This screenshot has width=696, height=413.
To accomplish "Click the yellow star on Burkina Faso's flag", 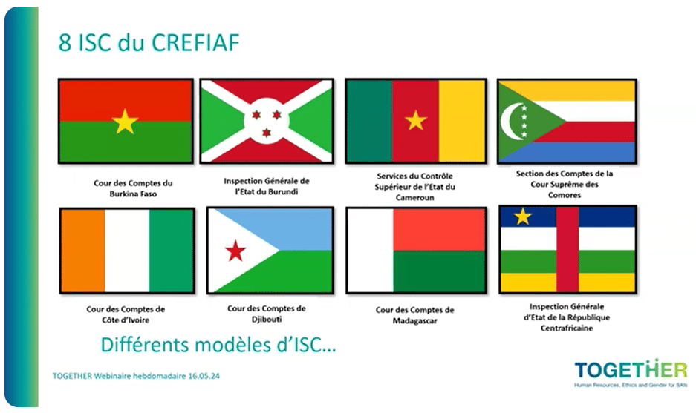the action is tap(126, 122).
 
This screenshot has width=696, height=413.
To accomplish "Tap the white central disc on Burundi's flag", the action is tap(267, 121).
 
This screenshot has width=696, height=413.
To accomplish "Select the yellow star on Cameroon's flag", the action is tap(416, 120).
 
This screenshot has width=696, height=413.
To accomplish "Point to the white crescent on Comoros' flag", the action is tap(510, 121).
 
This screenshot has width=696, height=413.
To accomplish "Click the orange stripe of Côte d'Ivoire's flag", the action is tap(83, 251).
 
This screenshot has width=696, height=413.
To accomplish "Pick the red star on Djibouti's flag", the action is tap(235, 251).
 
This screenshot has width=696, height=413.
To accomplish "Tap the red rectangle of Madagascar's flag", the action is tap(439, 230).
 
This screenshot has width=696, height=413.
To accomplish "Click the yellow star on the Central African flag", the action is tap(522, 217).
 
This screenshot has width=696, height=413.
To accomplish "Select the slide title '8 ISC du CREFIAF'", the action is tap(149, 42).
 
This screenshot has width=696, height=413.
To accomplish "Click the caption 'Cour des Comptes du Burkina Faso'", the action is tap(133, 188).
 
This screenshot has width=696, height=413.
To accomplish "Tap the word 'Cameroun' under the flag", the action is tap(415, 198).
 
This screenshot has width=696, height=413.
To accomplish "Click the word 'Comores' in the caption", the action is tap(565, 195).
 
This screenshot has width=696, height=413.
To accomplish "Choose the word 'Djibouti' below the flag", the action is tap(267, 319).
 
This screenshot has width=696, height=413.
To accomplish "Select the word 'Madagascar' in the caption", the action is tap(414, 321).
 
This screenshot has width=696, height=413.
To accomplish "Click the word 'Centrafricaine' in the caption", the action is tap(567, 328).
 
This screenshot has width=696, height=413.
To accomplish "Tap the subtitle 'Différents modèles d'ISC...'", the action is tap(218, 345).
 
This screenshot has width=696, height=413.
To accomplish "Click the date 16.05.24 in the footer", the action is tap(204, 376).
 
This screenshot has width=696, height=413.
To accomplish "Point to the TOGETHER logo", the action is tap(631, 373).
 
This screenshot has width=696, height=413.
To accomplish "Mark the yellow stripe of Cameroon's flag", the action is tap(461, 121).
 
